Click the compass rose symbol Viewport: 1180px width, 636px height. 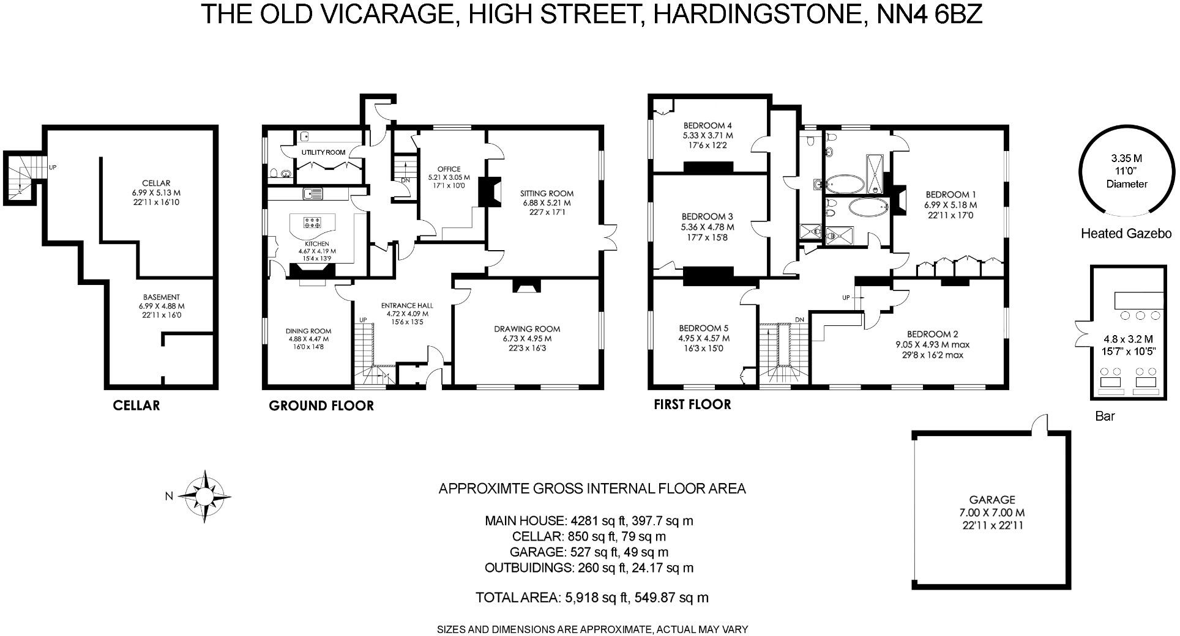point(204,496)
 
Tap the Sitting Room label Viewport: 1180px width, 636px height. point(548,194)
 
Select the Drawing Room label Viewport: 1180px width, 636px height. point(527,329)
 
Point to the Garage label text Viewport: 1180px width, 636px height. point(992,500)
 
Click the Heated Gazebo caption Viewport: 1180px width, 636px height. point(1126,234)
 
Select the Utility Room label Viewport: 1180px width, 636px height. point(323,152)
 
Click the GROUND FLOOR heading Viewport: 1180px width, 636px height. point(321,405)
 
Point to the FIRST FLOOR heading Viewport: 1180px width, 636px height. point(692,404)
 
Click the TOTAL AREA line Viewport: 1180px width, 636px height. point(591,597)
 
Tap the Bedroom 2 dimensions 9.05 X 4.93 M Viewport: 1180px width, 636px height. point(932,344)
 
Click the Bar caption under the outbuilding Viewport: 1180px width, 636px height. point(1105,416)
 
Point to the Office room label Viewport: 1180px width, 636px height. point(449,169)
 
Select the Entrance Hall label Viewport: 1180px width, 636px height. point(406,306)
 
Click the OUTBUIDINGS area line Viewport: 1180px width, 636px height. point(589,568)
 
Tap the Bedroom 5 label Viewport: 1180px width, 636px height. point(703,328)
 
